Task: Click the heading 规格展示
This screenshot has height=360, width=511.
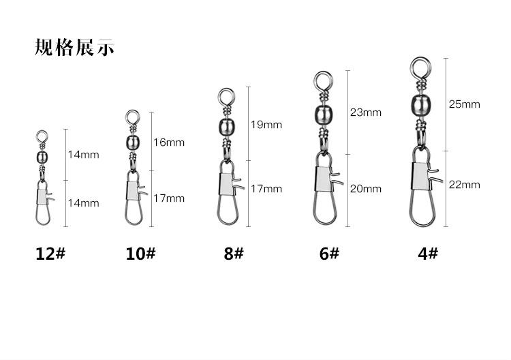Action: pyautogui.click(x=74, y=48)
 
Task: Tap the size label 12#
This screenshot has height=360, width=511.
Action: pyautogui.click(x=50, y=254)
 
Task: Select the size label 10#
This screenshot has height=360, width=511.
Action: pyautogui.click(x=140, y=254)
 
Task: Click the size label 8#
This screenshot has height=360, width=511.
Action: pyautogui.click(x=233, y=254)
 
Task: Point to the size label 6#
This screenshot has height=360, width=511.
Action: pyautogui.click(x=329, y=254)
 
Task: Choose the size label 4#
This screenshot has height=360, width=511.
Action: pyautogui.click(x=428, y=254)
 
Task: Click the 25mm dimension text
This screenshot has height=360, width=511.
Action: pyautogui.click(x=465, y=104)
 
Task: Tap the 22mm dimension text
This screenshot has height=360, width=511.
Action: pyautogui.click(x=465, y=185)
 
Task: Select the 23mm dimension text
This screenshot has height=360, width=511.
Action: pyautogui.click(x=366, y=112)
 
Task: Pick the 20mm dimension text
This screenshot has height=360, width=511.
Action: pyautogui.click(x=366, y=189)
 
